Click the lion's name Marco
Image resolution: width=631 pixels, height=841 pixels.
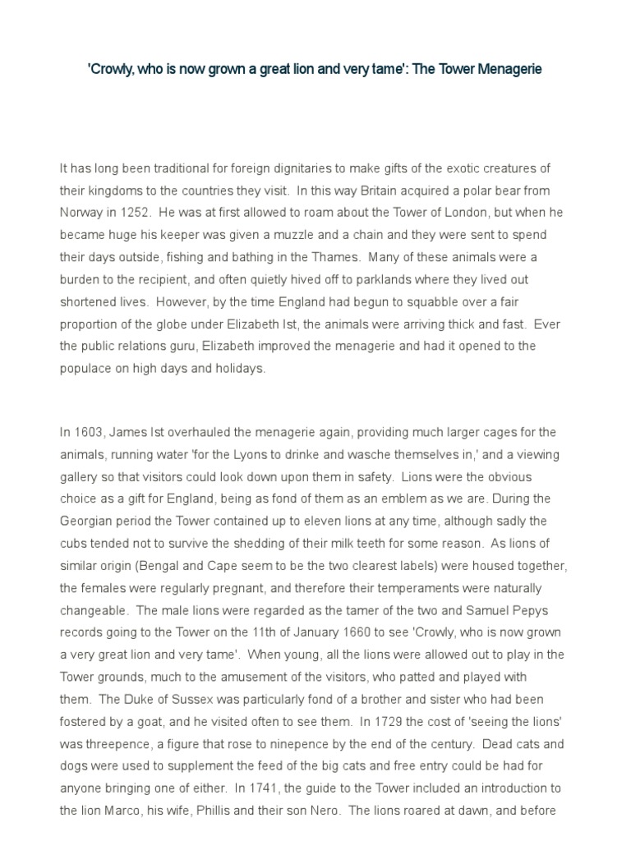tap(121, 810)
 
